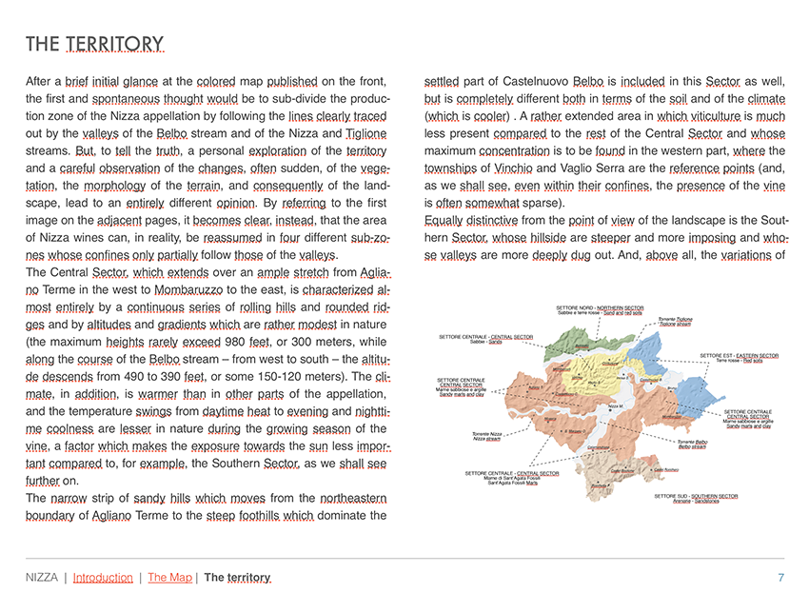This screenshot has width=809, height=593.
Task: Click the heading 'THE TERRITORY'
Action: (94, 44)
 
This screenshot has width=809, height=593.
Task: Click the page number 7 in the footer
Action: (780, 577)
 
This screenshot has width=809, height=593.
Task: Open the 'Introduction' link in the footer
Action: (103, 577)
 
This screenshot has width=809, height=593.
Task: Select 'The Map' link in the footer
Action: (170, 577)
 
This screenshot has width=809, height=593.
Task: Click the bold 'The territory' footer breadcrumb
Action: (237, 577)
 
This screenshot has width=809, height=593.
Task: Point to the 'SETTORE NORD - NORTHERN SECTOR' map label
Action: (600, 308)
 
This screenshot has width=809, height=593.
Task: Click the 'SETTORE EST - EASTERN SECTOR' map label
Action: (739, 355)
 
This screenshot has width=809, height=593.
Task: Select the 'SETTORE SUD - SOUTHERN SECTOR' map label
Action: (695, 496)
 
